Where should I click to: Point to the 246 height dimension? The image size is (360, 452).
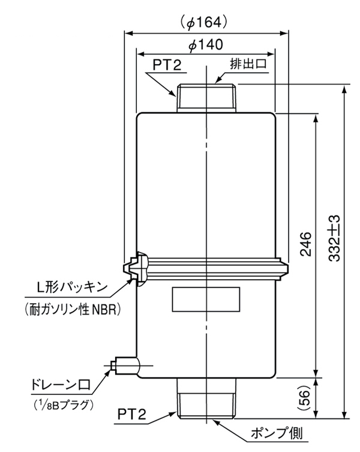coord(305,243)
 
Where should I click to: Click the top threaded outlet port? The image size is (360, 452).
coord(207,98)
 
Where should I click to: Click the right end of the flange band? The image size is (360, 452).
coord(282,267)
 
